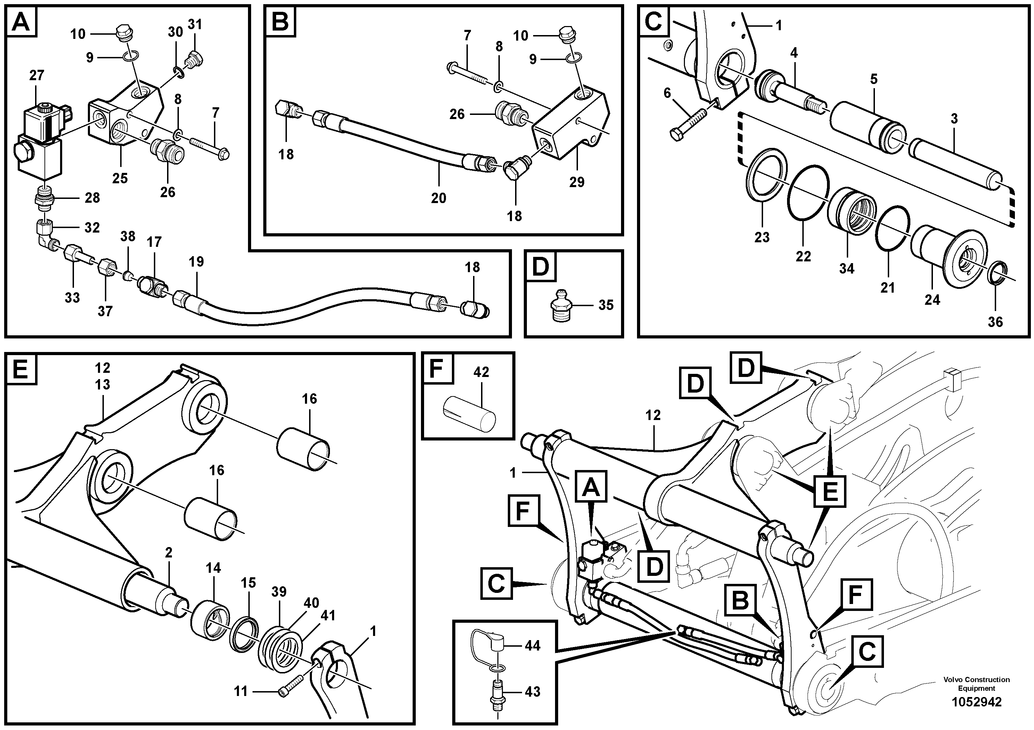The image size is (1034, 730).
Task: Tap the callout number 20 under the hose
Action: tap(438, 198)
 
